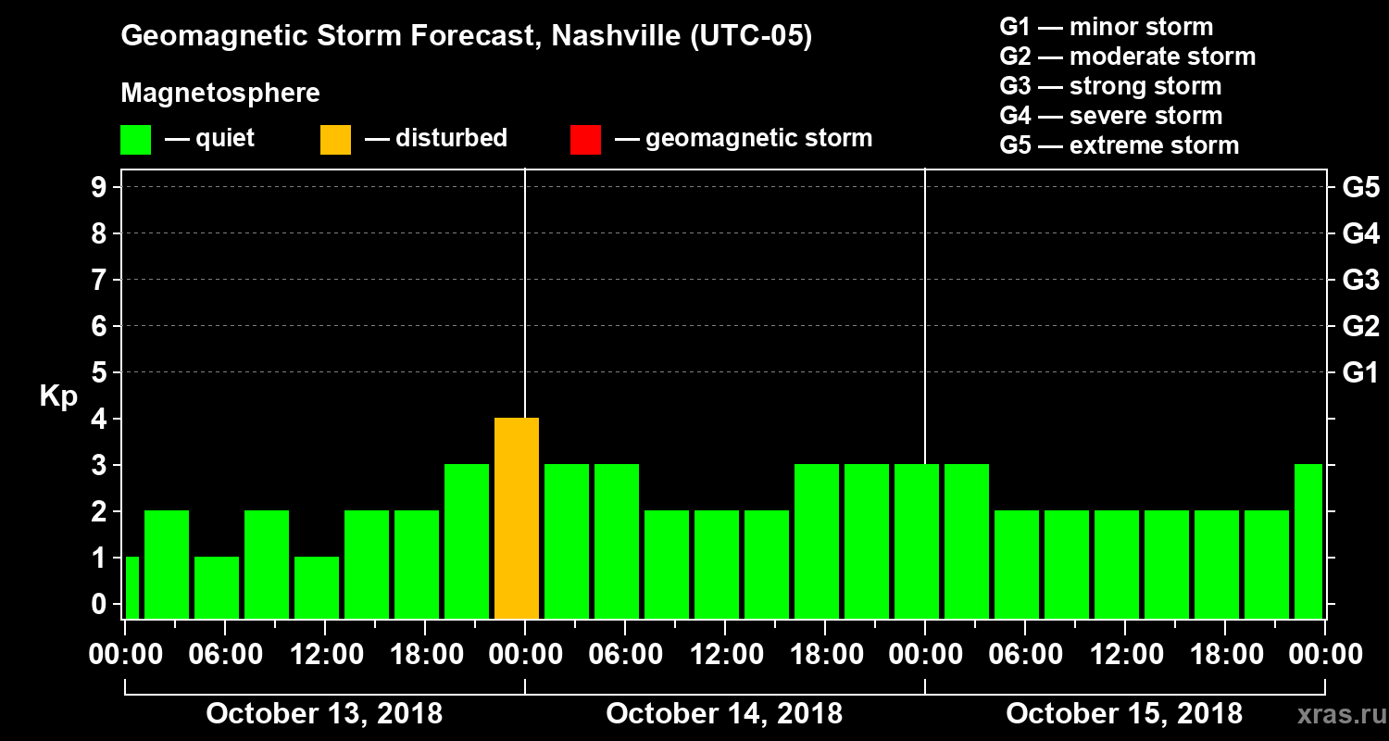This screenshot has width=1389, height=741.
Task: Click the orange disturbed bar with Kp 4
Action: (x=517, y=519)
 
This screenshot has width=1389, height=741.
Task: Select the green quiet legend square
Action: (x=135, y=140)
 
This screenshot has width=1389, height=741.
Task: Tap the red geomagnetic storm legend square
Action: (x=586, y=140)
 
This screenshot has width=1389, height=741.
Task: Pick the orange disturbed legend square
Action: (x=335, y=140)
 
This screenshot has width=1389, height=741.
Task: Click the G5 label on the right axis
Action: (x=1360, y=188)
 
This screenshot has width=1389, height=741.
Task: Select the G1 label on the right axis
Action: (x=1360, y=373)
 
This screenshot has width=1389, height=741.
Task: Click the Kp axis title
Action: (x=58, y=396)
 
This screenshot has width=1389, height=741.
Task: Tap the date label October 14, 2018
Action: (x=724, y=713)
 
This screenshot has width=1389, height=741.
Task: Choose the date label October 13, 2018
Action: (x=324, y=713)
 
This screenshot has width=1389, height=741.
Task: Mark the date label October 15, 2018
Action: (x=1124, y=713)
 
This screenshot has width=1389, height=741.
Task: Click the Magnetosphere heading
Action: (x=220, y=94)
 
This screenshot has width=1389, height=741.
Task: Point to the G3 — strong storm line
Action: (x=1110, y=86)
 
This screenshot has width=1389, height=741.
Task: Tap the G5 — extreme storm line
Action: (x=1119, y=145)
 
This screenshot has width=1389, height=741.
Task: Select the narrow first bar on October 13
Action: (x=131, y=588)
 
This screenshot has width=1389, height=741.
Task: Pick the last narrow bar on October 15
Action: (x=1308, y=542)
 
